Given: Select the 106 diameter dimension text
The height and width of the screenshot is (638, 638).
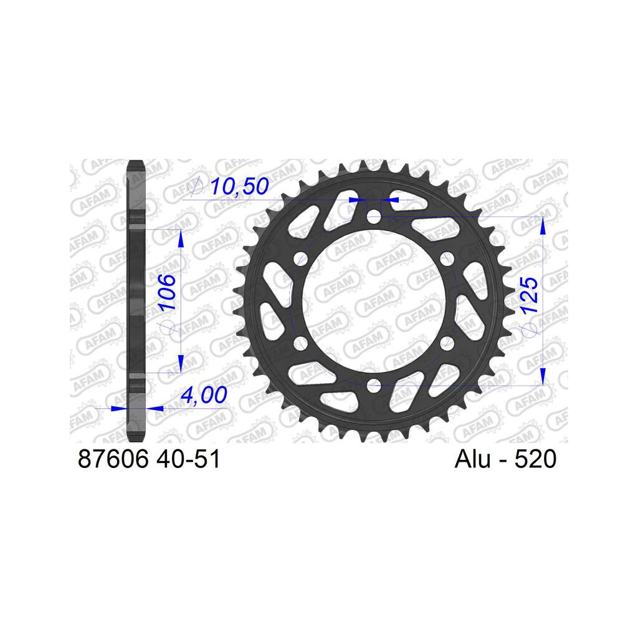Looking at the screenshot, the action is coord(167,292).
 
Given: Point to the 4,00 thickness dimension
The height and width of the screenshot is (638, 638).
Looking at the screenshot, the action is coord(204,395).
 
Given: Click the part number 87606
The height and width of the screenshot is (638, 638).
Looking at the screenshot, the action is coord(113,459).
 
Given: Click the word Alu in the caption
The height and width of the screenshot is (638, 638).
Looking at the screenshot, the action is coord(472,459).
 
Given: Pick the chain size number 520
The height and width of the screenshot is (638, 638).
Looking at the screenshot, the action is coord(535,459).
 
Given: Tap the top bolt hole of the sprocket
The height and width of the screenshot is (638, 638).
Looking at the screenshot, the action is coord(374,216).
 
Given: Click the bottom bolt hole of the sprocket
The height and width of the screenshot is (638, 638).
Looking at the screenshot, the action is coord(374,385).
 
